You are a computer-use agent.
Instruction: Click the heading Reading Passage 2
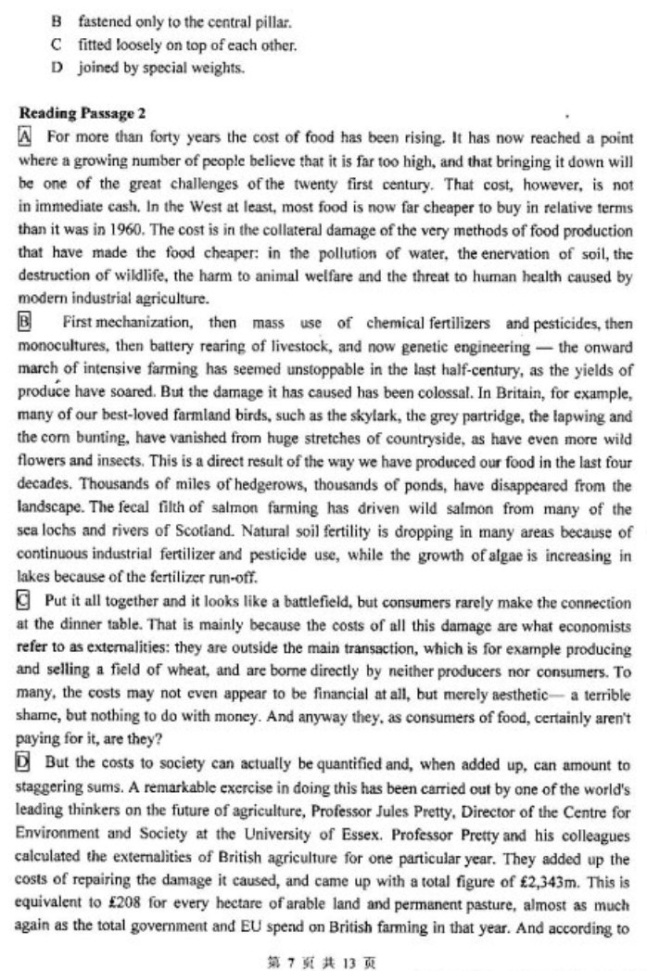pyautogui.click(x=82, y=114)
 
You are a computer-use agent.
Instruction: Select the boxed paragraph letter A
pyautogui.click(x=25, y=136)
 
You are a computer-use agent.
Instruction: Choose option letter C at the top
pyautogui.click(x=57, y=44)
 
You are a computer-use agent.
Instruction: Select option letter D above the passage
pyautogui.click(x=57, y=67)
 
